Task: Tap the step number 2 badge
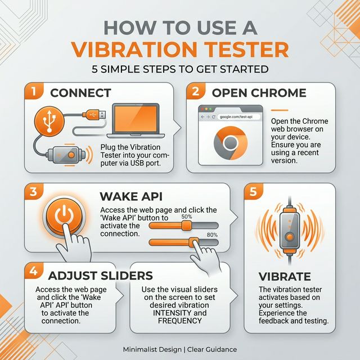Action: click(195, 91)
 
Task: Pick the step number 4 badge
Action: click(33, 271)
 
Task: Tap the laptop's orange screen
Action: click(137, 119)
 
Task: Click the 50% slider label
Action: click(187, 217)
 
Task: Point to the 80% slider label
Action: click(212, 235)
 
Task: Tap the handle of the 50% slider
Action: click(186, 226)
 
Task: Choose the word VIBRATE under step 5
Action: click(285, 277)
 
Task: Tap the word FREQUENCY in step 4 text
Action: click(179, 321)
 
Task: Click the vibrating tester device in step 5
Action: click(290, 228)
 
